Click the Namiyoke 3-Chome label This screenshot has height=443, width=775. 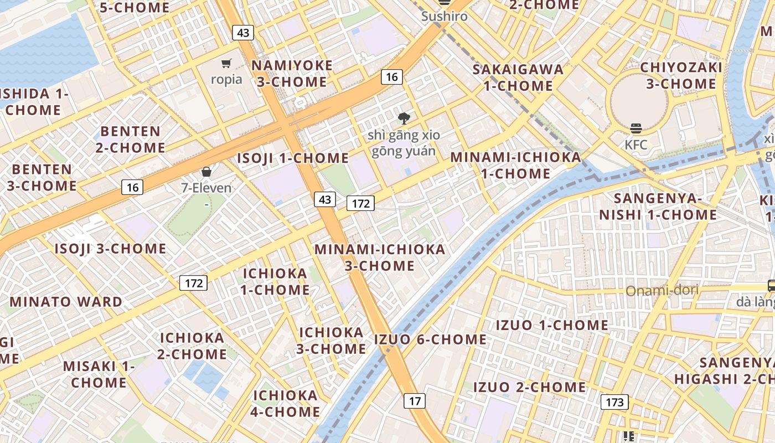click(x=292, y=74)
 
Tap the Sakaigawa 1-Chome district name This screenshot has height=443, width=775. click(x=518, y=78)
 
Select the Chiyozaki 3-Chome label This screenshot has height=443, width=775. click(x=681, y=76)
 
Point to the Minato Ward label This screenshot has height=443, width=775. click(x=66, y=302)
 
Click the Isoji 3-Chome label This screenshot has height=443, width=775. click(x=110, y=249)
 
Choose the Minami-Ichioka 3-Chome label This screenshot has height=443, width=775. click(x=380, y=257)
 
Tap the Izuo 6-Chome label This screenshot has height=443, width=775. click(x=431, y=339)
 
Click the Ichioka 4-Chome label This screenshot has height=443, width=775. click(x=286, y=404)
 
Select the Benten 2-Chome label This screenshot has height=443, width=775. click(x=131, y=140)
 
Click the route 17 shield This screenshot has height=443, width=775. click(x=415, y=400)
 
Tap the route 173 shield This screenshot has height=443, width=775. click(x=614, y=402)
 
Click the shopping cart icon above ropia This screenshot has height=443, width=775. click(x=226, y=64)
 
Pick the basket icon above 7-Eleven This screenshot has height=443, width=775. click(x=206, y=172)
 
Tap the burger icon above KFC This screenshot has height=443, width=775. click(x=635, y=129)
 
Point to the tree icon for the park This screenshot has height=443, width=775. click(x=404, y=118)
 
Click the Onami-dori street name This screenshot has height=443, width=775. click(x=662, y=290)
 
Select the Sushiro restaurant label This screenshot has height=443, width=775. click(x=444, y=16)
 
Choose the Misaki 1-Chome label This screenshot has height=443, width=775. click(x=99, y=374)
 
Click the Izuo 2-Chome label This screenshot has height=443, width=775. click(x=529, y=387)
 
